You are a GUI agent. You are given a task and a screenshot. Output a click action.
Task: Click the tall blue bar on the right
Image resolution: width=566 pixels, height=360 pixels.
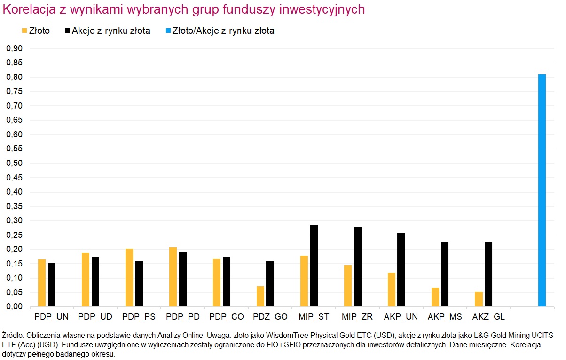tap(542, 190)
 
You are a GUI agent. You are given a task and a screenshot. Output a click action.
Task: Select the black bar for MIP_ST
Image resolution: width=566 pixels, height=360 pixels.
tap(314, 266)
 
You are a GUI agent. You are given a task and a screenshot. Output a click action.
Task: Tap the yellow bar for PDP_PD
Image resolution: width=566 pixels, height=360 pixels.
tap(173, 277)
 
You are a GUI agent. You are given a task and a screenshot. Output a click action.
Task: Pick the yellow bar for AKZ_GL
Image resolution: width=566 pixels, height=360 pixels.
tap(479, 299)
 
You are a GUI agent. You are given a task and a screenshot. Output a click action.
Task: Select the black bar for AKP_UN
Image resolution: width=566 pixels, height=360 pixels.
tap(401, 270)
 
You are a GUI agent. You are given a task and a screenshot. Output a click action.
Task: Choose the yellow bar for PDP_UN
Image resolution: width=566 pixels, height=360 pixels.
tap(42, 283)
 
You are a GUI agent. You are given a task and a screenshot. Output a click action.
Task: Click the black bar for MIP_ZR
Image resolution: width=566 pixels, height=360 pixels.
tap(357, 267)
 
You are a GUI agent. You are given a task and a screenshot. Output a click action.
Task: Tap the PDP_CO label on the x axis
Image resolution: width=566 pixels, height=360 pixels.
tap(227, 317)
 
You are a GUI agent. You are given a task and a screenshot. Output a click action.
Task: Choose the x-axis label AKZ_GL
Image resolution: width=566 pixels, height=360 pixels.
tap(489, 317)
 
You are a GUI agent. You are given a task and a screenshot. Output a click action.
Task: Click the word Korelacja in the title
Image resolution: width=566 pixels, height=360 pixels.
tap(27, 10)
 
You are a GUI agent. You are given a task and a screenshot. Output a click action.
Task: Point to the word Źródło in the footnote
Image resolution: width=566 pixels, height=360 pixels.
tap(13, 336)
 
